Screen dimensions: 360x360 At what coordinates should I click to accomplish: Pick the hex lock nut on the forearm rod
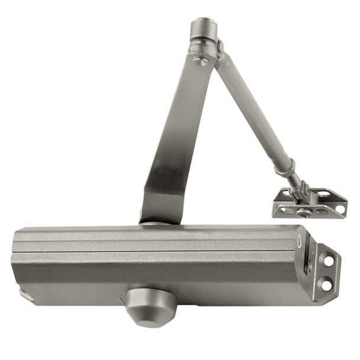286,165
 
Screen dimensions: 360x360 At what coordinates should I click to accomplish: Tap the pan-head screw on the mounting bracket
305,212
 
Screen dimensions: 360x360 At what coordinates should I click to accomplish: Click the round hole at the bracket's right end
339,208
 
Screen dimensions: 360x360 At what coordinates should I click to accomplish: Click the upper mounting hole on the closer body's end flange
327,259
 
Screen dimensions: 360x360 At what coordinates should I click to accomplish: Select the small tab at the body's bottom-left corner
24,292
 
